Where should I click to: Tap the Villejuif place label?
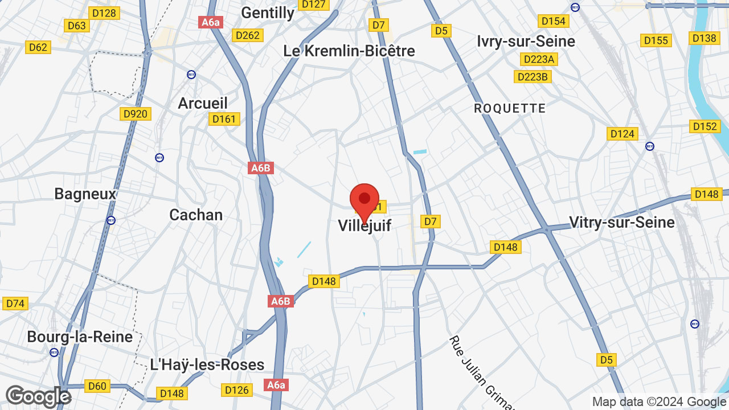(364, 225)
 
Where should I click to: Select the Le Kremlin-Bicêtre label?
(349, 51)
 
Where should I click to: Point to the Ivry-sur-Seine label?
(526, 41)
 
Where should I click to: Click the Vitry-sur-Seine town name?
(622, 222)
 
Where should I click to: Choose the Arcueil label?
(203, 103)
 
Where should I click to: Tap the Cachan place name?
(196, 215)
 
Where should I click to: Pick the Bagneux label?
(85, 194)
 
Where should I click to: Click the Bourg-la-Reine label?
(80, 337)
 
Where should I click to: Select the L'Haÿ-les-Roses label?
(207, 364)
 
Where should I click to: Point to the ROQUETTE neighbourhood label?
(510, 108)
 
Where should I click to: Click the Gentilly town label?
(268, 13)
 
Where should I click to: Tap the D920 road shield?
(135, 114)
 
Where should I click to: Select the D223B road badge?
(533, 76)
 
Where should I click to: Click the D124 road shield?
(622, 134)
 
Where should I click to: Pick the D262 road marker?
(247, 35)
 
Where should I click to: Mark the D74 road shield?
(15, 304)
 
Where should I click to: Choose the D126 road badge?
(236, 390)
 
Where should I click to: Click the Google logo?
(38, 396)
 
